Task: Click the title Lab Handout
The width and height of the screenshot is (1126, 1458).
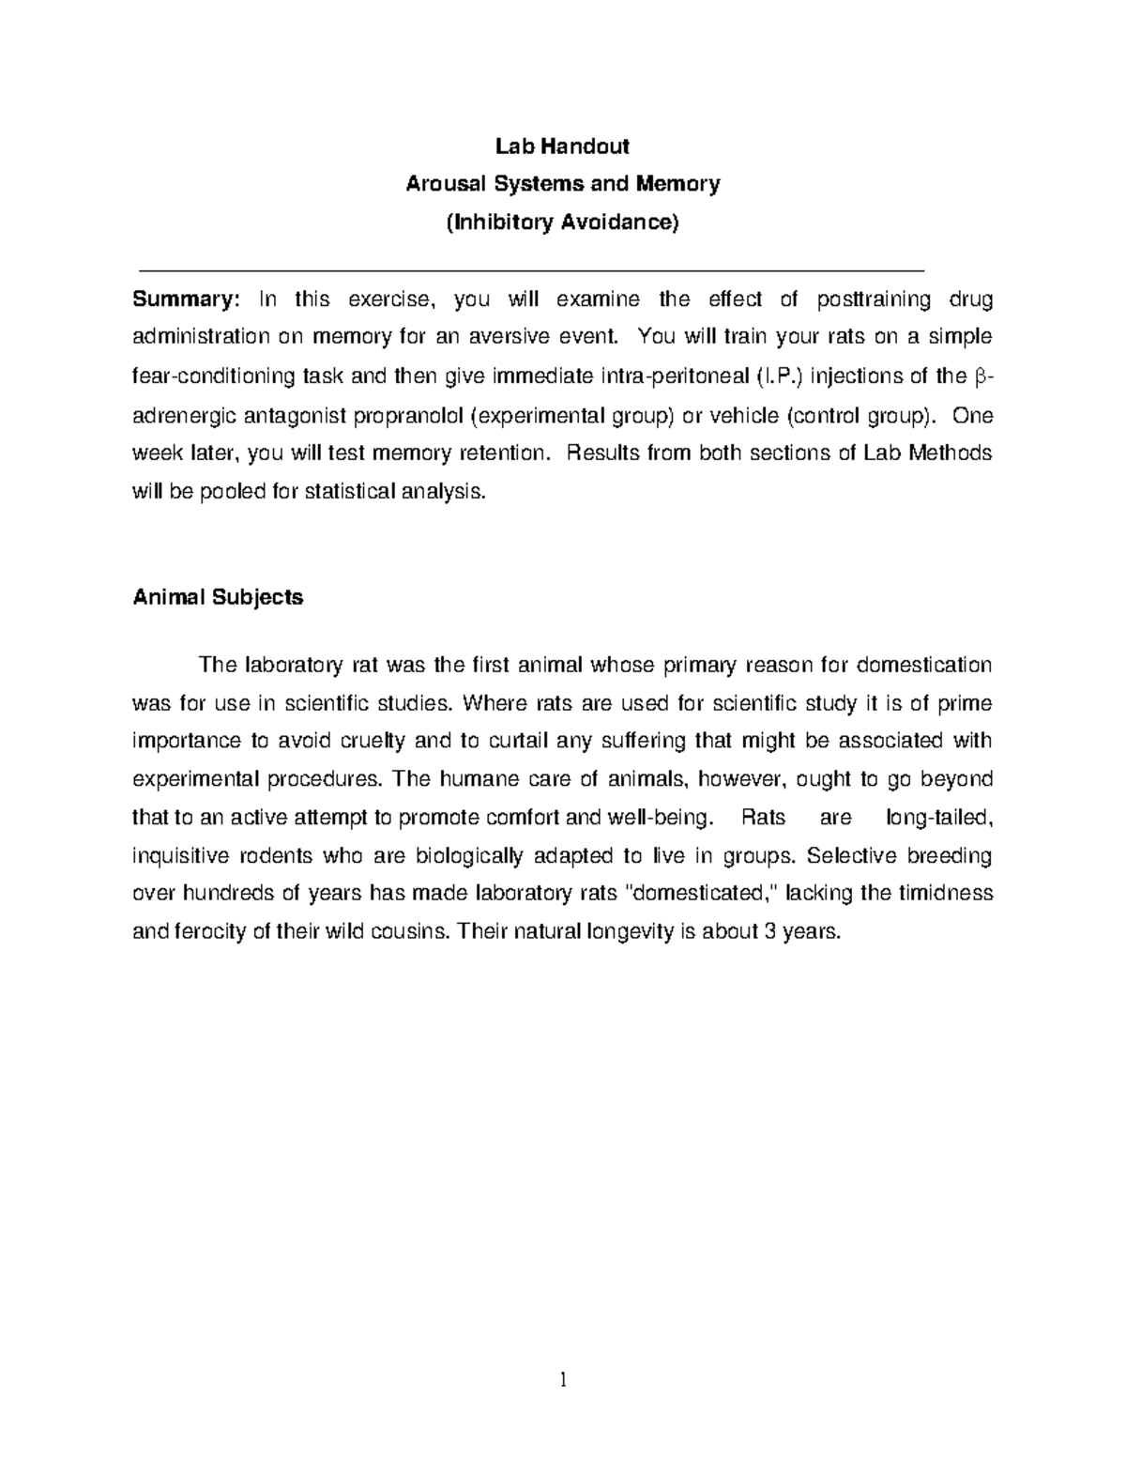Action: (562, 146)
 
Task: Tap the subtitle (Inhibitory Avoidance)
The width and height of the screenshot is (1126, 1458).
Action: (562, 223)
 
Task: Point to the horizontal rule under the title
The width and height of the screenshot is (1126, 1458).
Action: (531, 269)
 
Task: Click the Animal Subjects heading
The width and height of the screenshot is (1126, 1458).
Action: (218, 597)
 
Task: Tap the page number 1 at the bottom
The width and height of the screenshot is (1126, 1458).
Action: (562, 1379)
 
